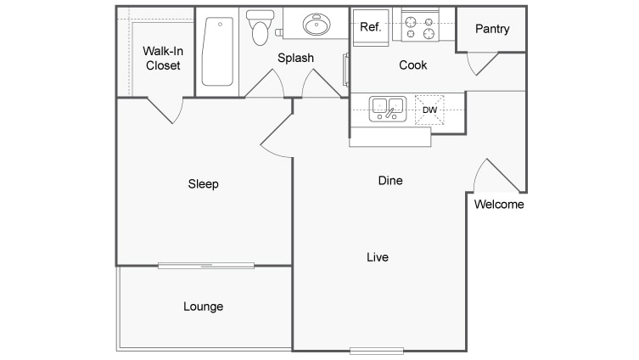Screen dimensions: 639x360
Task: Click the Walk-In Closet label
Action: tap(163, 59)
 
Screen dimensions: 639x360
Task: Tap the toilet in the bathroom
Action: tap(260, 27)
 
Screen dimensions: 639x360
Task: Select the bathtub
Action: tap(217, 52)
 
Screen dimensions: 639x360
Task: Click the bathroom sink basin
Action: tap(317, 24)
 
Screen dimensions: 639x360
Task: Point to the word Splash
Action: tap(295, 58)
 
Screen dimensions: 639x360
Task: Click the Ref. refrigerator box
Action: tap(371, 28)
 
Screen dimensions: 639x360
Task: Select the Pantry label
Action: tap(492, 29)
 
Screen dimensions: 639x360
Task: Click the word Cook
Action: tap(412, 65)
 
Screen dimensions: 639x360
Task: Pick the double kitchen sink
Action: tap(388, 109)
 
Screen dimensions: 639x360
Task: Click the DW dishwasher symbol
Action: tap(429, 110)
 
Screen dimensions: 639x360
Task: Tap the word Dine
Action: tap(390, 180)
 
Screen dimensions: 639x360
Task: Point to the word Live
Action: tap(378, 257)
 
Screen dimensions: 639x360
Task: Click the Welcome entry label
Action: tap(499, 205)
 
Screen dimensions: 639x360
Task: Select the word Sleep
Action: tap(203, 184)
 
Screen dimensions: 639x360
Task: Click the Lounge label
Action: tap(203, 307)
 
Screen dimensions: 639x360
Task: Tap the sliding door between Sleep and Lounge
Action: tap(206, 266)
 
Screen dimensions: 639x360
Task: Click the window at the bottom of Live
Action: tap(377, 351)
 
